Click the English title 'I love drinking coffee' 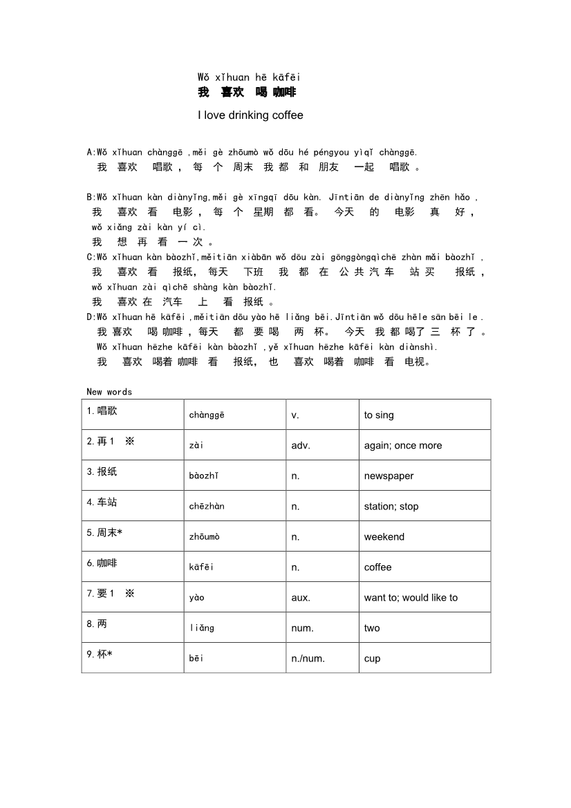[x=250, y=115]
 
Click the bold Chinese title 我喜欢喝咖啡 [x=247, y=93]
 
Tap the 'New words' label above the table [x=109, y=392]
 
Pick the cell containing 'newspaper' [x=389, y=476]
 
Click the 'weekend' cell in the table [x=384, y=537]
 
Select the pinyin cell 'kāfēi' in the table [x=202, y=567]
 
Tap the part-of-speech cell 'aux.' [x=301, y=598]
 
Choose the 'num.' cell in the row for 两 [x=302, y=628]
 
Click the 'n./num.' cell [x=308, y=659]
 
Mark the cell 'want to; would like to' [x=411, y=598]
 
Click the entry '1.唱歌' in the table [x=102, y=411]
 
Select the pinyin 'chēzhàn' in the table [x=207, y=507]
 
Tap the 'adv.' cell [x=301, y=446]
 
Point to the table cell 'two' [x=372, y=628]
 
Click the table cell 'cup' [x=372, y=659]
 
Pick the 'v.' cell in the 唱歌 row [x=295, y=415]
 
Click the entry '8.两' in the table [x=97, y=623]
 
